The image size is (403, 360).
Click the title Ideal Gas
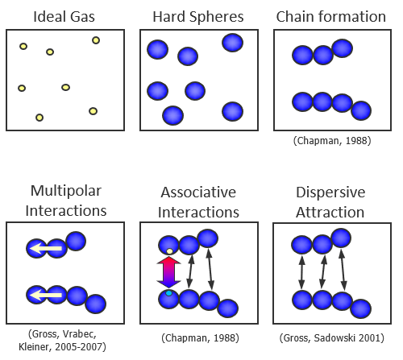[64, 17]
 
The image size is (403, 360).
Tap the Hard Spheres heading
[198, 17]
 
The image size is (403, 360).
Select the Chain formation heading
[331, 17]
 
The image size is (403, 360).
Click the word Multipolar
[66, 192]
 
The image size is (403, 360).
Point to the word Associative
[198, 192]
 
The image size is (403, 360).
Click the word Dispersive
[330, 192]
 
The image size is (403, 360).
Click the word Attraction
[330, 213]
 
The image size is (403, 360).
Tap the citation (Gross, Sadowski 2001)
[332, 337]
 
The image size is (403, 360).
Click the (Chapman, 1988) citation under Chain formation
[332, 141]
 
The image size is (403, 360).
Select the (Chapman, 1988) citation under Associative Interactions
[200, 337]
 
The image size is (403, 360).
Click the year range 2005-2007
[79, 347]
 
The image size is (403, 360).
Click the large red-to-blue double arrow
[168, 272]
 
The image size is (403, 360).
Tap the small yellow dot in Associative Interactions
[169, 251]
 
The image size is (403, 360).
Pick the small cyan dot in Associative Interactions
[168, 293]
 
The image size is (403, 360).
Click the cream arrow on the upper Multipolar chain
[46, 249]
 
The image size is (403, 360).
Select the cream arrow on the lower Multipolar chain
[46, 296]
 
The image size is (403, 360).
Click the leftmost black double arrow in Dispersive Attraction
[302, 272]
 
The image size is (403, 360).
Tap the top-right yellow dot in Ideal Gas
[96, 40]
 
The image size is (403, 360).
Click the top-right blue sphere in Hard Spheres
[233, 43]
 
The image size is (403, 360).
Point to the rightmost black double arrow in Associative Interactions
[210, 269]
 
